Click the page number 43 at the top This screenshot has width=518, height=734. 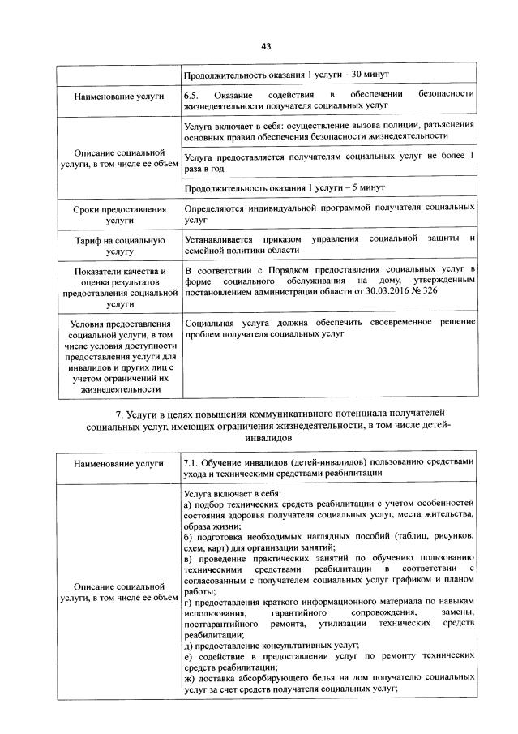[x=265, y=46]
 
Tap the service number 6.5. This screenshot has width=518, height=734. [x=192, y=95]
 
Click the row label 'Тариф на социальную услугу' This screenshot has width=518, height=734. [x=119, y=245]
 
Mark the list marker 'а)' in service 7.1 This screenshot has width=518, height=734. [x=188, y=504]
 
